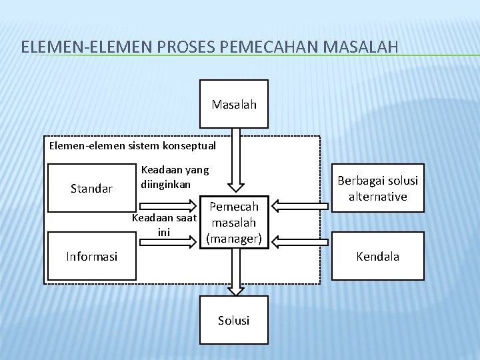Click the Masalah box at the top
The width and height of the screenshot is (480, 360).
click(234, 104)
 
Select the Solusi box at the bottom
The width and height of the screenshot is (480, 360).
click(234, 321)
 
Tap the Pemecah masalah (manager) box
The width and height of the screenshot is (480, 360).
click(235, 222)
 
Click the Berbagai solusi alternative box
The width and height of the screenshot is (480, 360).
click(377, 189)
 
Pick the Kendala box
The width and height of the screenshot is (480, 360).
click(377, 256)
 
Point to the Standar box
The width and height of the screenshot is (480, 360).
click(91, 189)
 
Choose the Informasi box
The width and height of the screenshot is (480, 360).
click(91, 256)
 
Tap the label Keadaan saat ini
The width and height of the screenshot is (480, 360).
click(165, 225)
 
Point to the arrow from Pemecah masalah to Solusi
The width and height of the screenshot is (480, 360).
click(234, 272)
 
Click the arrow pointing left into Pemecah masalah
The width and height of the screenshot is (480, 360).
click(296, 200)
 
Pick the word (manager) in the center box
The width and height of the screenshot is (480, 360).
click(235, 237)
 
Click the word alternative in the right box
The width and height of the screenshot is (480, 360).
click(377, 196)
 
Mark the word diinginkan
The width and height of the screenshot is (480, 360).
click(166, 183)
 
